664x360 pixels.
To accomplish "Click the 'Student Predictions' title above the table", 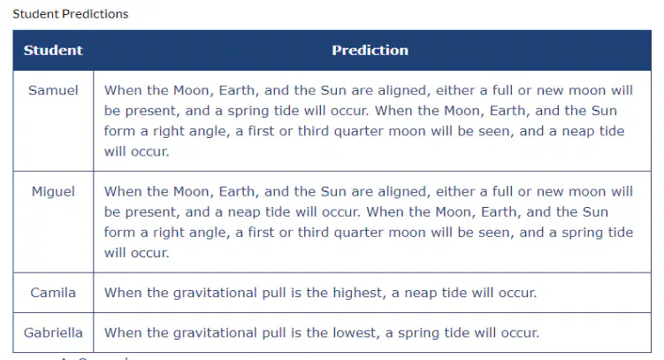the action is (71, 14).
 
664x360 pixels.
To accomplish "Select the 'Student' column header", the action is (53, 50).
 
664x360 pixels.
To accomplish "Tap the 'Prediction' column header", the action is (370, 50).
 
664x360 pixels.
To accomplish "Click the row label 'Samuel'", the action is (53, 90).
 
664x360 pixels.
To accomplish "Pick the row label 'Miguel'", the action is (53, 191).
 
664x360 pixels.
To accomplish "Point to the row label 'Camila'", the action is (53, 293).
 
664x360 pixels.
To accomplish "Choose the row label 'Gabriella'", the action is (53, 333).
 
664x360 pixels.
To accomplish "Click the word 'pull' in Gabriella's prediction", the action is (274, 333).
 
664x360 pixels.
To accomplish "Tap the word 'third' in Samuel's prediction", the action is (313, 131).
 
